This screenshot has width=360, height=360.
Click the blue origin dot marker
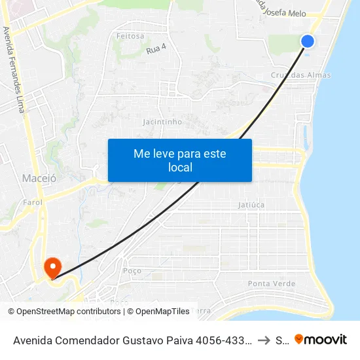tap(308, 41)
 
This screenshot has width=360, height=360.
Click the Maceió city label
tap(39, 177)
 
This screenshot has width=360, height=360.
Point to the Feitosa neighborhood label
tap(130, 36)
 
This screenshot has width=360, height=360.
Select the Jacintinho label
tap(162, 122)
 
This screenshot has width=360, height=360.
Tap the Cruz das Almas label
tap(300, 75)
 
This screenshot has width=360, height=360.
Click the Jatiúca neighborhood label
tap(251, 205)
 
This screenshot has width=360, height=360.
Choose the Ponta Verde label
tap(272, 283)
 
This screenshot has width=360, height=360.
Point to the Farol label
tap(33, 202)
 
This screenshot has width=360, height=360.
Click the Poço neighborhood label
tap(132, 270)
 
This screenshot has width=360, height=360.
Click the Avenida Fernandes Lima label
tap(14, 69)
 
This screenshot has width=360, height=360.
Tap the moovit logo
tap(321, 339)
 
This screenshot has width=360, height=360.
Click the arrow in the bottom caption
tap(263, 340)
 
